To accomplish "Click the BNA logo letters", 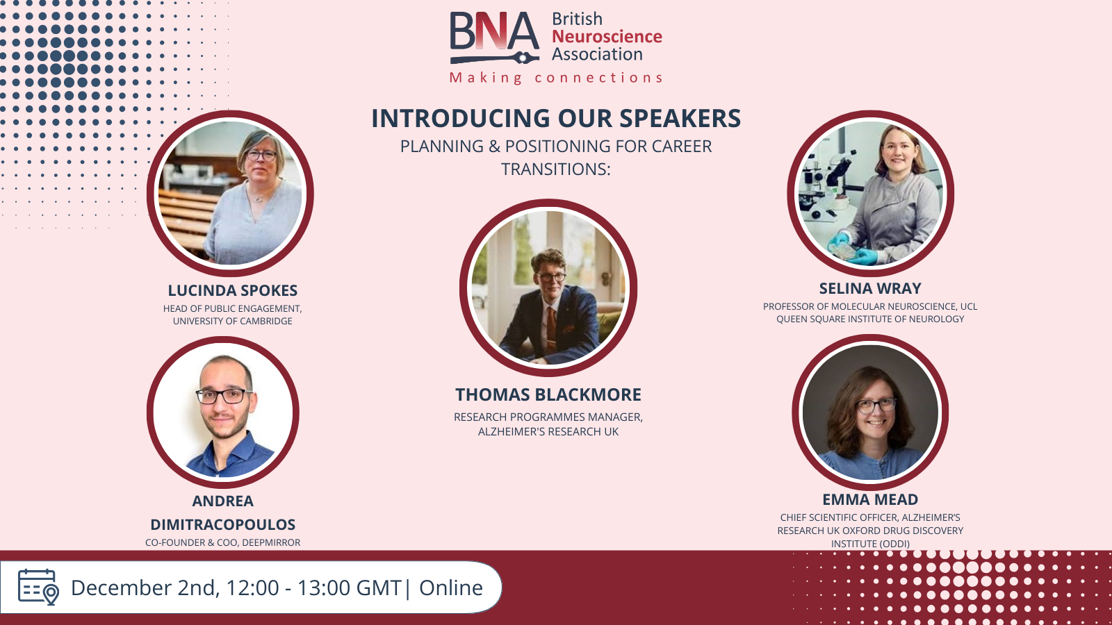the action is [x=494, y=31].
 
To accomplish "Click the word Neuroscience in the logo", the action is [x=607, y=36].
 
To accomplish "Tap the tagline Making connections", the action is [x=556, y=78].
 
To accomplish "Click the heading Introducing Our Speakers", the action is [x=556, y=118].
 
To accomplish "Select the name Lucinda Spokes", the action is [x=232, y=290].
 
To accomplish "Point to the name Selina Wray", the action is [x=869, y=288].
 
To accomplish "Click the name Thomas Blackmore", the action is [x=548, y=395].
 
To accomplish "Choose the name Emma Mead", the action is [x=869, y=499].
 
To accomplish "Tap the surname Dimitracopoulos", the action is [x=223, y=524].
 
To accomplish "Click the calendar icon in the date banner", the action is [x=38, y=587].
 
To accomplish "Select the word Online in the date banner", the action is [x=451, y=587].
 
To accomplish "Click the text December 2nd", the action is [x=143, y=588].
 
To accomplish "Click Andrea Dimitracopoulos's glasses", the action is [x=222, y=396].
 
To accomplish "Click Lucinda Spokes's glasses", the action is [x=260, y=156].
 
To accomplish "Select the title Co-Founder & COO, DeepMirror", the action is [x=223, y=542].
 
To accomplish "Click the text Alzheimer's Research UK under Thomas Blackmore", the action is [x=548, y=431].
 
